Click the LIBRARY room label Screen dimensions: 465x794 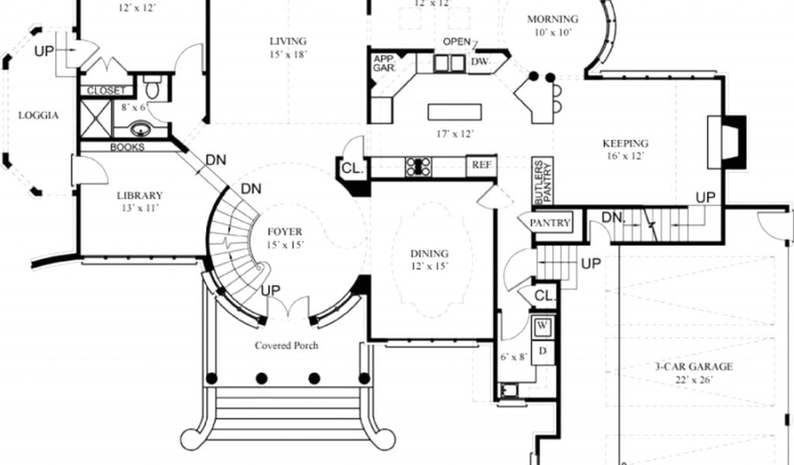click(x=140, y=195)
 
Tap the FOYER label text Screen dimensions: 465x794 click(x=285, y=232)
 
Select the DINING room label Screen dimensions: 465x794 click(x=430, y=253)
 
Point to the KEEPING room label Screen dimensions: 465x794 click(x=625, y=143)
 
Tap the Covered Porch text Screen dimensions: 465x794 click(x=286, y=346)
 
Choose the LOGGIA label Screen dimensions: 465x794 click(x=39, y=115)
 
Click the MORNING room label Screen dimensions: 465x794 click(x=552, y=19)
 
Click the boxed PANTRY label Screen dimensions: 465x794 click(x=551, y=223)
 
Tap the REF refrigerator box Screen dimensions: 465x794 click(x=481, y=164)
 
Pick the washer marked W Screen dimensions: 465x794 click(x=542, y=324)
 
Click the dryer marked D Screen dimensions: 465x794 click(x=542, y=350)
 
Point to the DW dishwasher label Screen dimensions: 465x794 click(x=478, y=61)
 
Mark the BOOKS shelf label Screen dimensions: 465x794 click(x=126, y=147)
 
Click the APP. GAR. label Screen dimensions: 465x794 click(x=385, y=64)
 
